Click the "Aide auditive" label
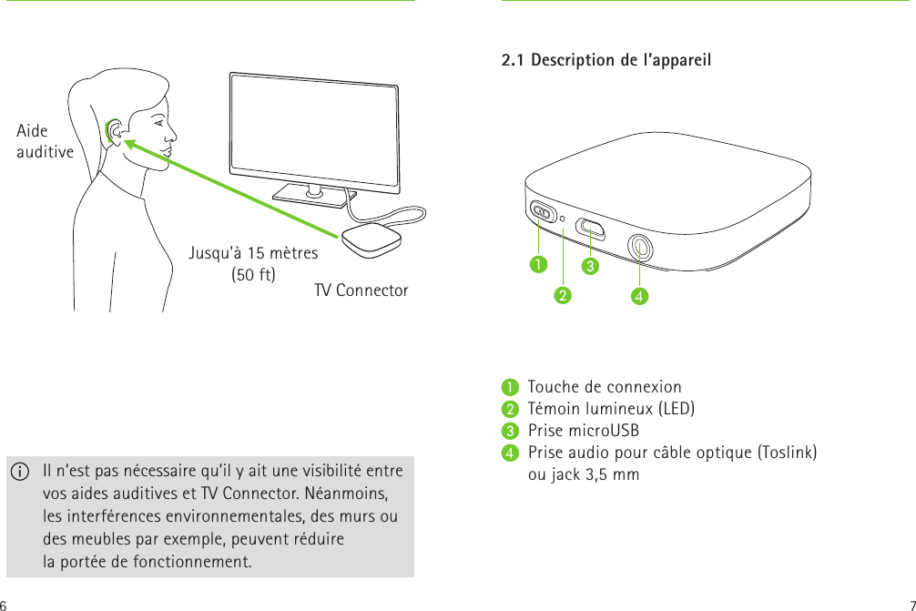coord(45,141)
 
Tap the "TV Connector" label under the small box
coord(361,290)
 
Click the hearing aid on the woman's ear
coord(116,132)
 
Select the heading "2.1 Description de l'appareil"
coord(606,61)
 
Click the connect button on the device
coord(544,212)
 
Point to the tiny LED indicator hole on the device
coord(565,219)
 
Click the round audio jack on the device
coord(640,245)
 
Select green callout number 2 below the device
coord(564,295)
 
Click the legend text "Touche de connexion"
coord(605,387)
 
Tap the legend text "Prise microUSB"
coord(583,431)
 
